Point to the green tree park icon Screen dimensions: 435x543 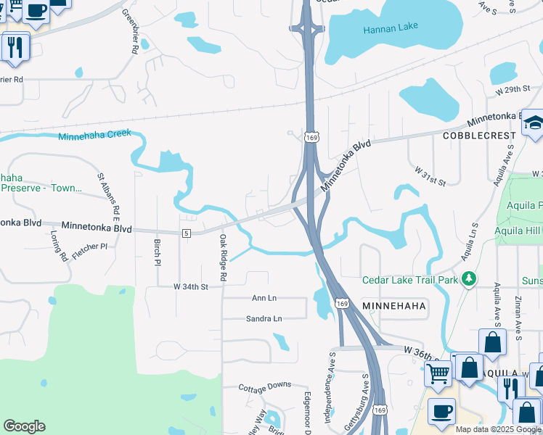tap(470, 278)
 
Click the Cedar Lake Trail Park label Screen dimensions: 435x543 tap(411, 280)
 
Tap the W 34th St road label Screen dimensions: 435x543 tap(190, 287)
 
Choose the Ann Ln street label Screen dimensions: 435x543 tap(264, 298)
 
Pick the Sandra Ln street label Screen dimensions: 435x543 tap(264, 318)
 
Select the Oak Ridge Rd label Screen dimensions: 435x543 tap(224, 257)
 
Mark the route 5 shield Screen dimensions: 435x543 tap(187, 232)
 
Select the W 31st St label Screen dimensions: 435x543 tap(430, 174)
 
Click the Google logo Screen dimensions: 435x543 tap(24, 426)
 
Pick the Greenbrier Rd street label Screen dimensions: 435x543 tap(130, 32)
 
